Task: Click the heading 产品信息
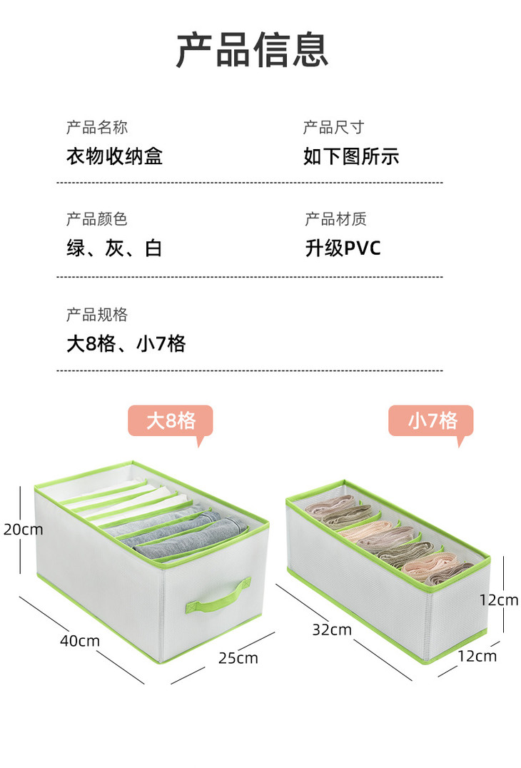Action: point(252,49)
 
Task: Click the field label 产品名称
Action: point(97,128)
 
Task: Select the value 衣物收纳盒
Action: point(115,156)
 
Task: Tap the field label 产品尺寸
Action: point(333,128)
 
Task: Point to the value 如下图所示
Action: point(351,156)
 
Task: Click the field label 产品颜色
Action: point(97,219)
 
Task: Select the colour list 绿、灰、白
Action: point(114,248)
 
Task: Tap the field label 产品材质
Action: point(335,219)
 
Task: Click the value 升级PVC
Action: point(343,248)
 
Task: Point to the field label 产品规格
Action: point(97,315)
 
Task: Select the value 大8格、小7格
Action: point(126,344)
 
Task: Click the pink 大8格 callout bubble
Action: point(171,421)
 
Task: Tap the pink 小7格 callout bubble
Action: point(430,421)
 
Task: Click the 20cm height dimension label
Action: point(22,530)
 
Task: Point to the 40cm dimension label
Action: point(80,641)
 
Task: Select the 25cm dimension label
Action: point(238,657)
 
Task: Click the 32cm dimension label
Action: point(332,630)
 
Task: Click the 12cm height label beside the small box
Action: point(498,600)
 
